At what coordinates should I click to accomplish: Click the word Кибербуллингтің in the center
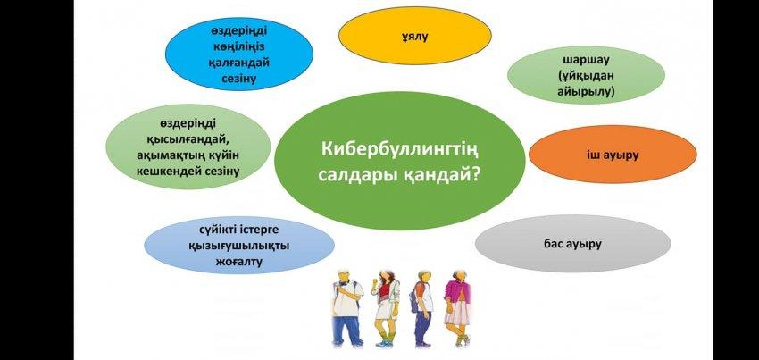pyautogui.click(x=400, y=148)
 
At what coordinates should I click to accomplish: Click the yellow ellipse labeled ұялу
pyautogui.click(x=415, y=37)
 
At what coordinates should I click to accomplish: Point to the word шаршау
pyautogui.click(x=586, y=60)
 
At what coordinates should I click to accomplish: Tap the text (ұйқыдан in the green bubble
pyautogui.click(x=586, y=76)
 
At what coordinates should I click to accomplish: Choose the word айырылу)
pyautogui.click(x=586, y=91)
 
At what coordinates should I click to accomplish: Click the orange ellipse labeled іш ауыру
pyautogui.click(x=613, y=155)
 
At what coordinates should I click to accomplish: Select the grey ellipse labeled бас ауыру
pyautogui.click(x=572, y=244)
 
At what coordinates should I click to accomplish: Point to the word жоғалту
pyautogui.click(x=239, y=262)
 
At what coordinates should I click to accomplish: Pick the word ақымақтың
pyautogui.click(x=177, y=155)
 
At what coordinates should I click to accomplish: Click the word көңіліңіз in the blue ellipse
pyautogui.click(x=239, y=46)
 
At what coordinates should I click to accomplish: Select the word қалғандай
pyautogui.click(x=239, y=63)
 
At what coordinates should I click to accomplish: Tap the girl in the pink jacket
pyautogui.click(x=457, y=308)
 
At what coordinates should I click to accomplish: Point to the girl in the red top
pyautogui.click(x=386, y=307)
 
